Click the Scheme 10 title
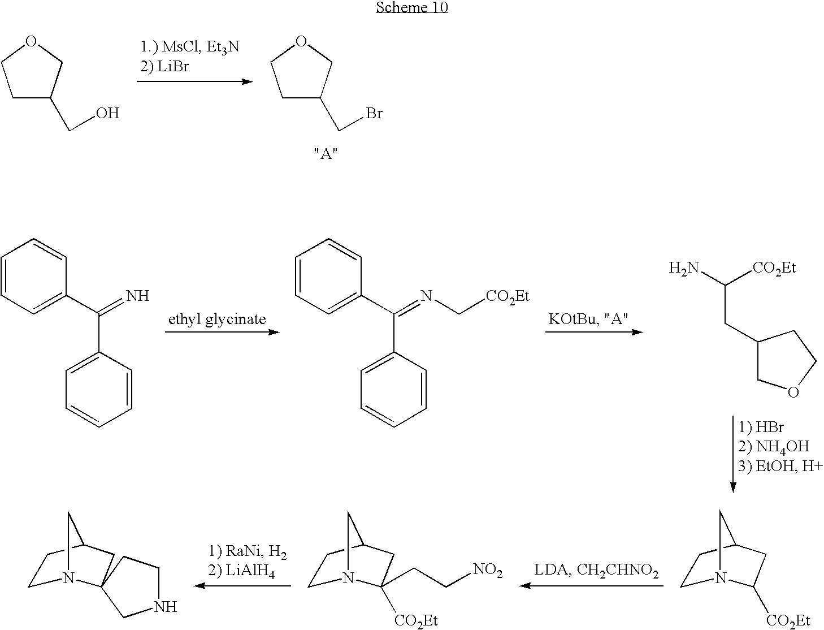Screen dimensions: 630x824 (411, 7)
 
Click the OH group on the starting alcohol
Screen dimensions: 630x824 (107, 114)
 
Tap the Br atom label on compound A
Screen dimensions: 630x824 (374, 114)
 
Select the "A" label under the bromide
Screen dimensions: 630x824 (326, 154)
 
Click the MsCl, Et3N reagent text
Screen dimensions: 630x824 (190, 47)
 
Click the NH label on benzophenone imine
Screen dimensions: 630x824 (138, 296)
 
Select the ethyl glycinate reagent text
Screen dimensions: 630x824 (217, 319)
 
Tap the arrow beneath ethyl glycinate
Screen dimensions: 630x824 (222, 331)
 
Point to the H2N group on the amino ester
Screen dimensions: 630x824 (684, 267)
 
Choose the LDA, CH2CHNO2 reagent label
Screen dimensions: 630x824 (596, 572)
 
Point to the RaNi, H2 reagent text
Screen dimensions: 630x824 (249, 551)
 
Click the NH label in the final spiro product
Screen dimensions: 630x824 (166, 607)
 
